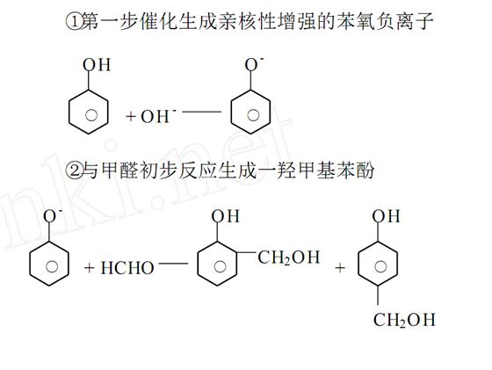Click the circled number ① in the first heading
[x=72, y=22]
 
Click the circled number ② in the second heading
[x=72, y=170]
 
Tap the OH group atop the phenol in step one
[x=97, y=65]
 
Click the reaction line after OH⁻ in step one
[x=202, y=112]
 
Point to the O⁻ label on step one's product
[x=254, y=64]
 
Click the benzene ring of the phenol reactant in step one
[x=69, y=112]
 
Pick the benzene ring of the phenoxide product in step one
[x=231, y=112]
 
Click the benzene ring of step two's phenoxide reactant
[x=30, y=264]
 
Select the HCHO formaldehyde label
[x=127, y=268]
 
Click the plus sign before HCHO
[x=89, y=268]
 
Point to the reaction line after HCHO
[x=174, y=264]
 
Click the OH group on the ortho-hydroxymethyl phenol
[x=225, y=216]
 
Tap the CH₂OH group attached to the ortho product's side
[x=289, y=258]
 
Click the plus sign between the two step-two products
[x=340, y=268]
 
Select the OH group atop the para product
[x=387, y=216]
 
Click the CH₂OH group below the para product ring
[x=404, y=320]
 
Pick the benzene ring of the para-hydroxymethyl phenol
[x=358, y=264]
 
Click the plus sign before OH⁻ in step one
[x=131, y=116]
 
